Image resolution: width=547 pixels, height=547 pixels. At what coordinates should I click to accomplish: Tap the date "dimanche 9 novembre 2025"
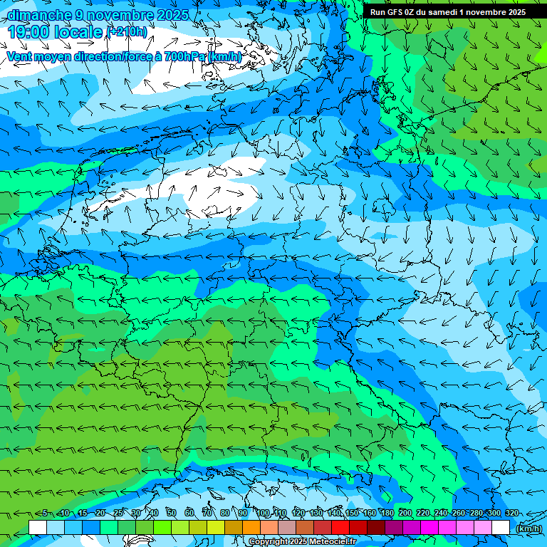98,15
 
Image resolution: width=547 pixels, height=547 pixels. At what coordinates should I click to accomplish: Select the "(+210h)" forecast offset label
127,32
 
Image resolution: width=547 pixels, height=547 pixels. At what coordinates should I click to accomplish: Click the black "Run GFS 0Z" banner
448,12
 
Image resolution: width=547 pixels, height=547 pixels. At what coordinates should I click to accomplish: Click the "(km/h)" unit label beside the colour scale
528,528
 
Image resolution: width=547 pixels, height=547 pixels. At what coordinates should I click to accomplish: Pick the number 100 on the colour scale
263,514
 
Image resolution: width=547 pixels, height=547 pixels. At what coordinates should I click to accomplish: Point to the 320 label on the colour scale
512,514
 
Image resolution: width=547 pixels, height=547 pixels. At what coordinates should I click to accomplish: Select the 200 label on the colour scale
405,514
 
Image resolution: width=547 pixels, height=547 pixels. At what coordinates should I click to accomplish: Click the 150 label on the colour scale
352,514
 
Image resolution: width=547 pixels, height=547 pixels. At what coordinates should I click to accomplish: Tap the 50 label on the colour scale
172,514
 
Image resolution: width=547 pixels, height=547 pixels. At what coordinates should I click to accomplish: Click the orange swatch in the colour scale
251,528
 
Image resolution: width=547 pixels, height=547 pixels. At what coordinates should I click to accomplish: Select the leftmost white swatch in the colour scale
38,528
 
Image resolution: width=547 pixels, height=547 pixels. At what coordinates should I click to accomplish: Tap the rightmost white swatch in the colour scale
501,528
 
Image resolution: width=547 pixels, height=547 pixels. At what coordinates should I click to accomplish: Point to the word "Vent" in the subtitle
21,56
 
